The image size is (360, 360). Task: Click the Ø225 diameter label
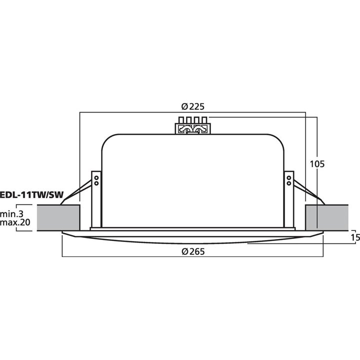pyautogui.click(x=193, y=106)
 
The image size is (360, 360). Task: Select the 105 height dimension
pyautogui.click(x=317, y=163)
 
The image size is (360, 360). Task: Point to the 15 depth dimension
pyautogui.click(x=355, y=237)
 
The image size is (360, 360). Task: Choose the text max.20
pyautogui.click(x=15, y=222)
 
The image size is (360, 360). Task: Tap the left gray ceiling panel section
pyautogui.click(x=59, y=217)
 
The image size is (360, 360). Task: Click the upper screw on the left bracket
pyautogui.click(x=96, y=177)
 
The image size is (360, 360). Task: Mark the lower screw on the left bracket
pyautogui.click(x=96, y=183)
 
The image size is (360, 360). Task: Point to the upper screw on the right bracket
pyautogui.click(x=289, y=177)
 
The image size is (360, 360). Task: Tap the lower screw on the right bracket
pyautogui.click(x=289, y=183)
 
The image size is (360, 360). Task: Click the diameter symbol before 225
pyautogui.click(x=183, y=106)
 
